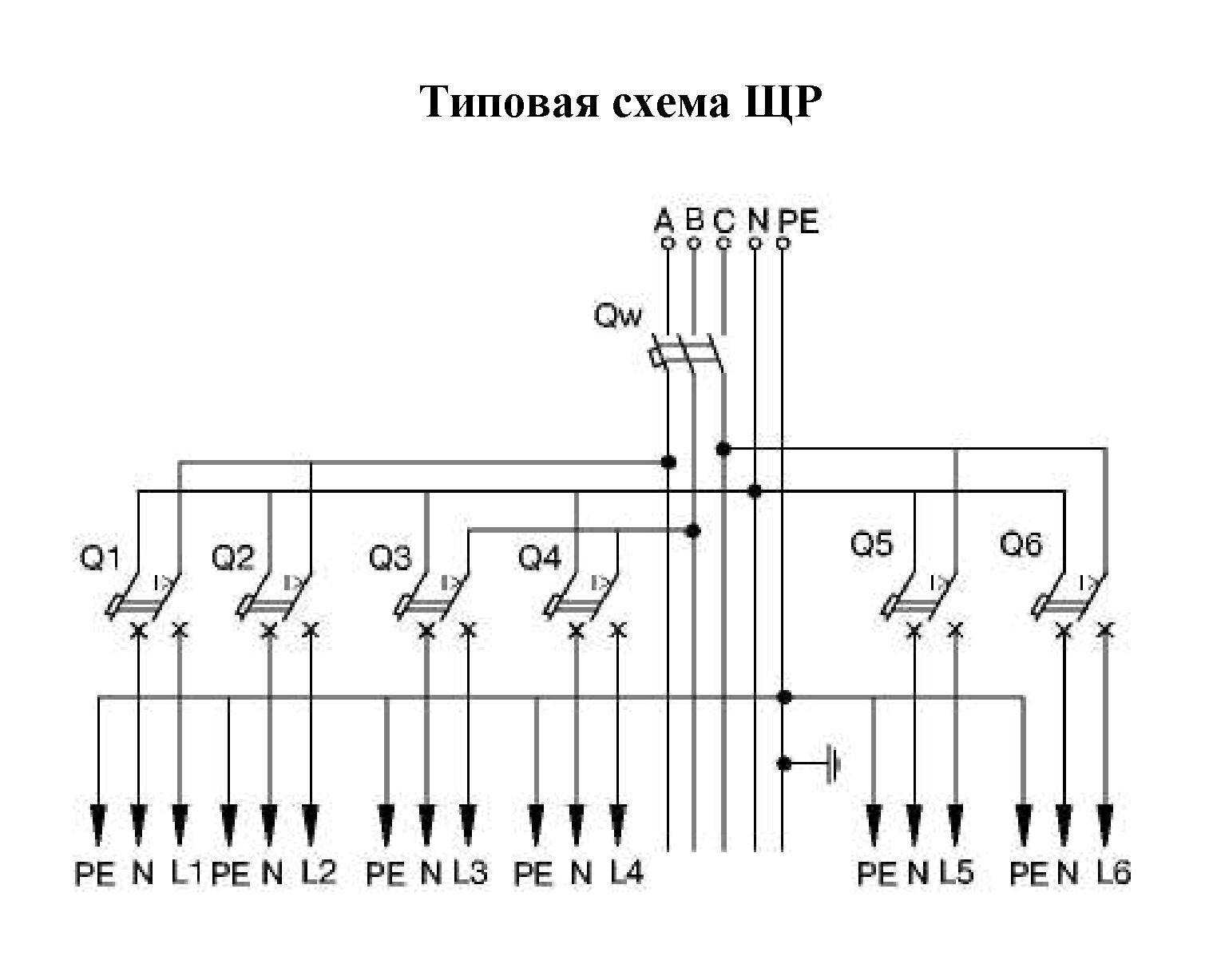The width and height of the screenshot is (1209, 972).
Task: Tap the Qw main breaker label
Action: pyautogui.click(x=617, y=316)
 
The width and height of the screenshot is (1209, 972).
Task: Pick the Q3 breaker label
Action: pyautogui.click(x=390, y=558)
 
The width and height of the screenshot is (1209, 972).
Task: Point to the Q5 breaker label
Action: pyautogui.click(x=871, y=545)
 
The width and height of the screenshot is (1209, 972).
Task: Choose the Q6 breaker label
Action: pyautogui.click(x=1021, y=545)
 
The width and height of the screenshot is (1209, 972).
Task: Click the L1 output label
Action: pyautogui.click(x=186, y=873)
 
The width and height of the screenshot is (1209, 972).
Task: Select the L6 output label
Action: pyautogui.click(x=1113, y=873)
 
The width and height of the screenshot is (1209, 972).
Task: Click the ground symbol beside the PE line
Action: pyautogui.click(x=834, y=764)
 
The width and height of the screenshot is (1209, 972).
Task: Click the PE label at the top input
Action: pyautogui.click(x=799, y=220)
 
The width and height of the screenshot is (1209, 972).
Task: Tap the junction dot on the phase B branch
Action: pyautogui.click(x=694, y=530)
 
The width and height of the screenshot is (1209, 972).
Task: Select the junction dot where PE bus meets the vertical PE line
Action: pyautogui.click(x=784, y=697)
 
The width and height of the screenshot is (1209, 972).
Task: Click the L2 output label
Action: pyautogui.click(x=319, y=873)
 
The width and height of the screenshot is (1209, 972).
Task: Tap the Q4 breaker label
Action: pyautogui.click(x=540, y=558)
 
